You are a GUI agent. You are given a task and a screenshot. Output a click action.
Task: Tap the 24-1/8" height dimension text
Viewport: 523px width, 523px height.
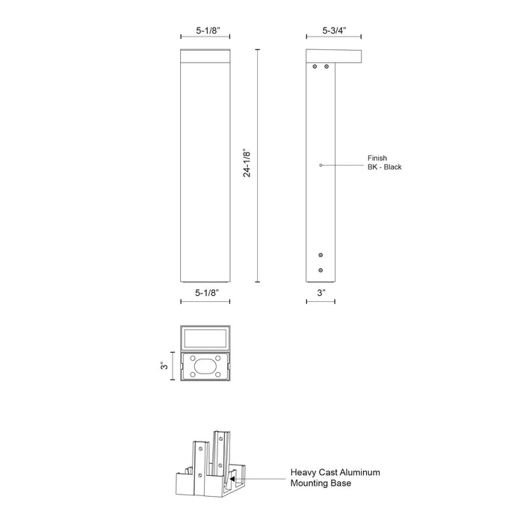pos(247,166)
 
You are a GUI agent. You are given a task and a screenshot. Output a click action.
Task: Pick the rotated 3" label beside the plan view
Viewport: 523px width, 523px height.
pos(166,366)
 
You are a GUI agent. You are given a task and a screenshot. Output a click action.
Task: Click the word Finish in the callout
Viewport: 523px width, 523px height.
pos(377,158)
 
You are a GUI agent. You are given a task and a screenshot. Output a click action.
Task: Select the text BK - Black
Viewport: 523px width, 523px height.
pos(384,167)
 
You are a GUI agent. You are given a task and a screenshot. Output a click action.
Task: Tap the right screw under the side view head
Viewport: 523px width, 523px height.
pos(327,66)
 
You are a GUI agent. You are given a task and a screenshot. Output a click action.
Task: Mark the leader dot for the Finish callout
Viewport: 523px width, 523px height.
pos(321,164)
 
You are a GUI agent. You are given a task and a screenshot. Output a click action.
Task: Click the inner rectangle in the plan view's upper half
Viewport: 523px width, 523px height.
pos(205,337)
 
